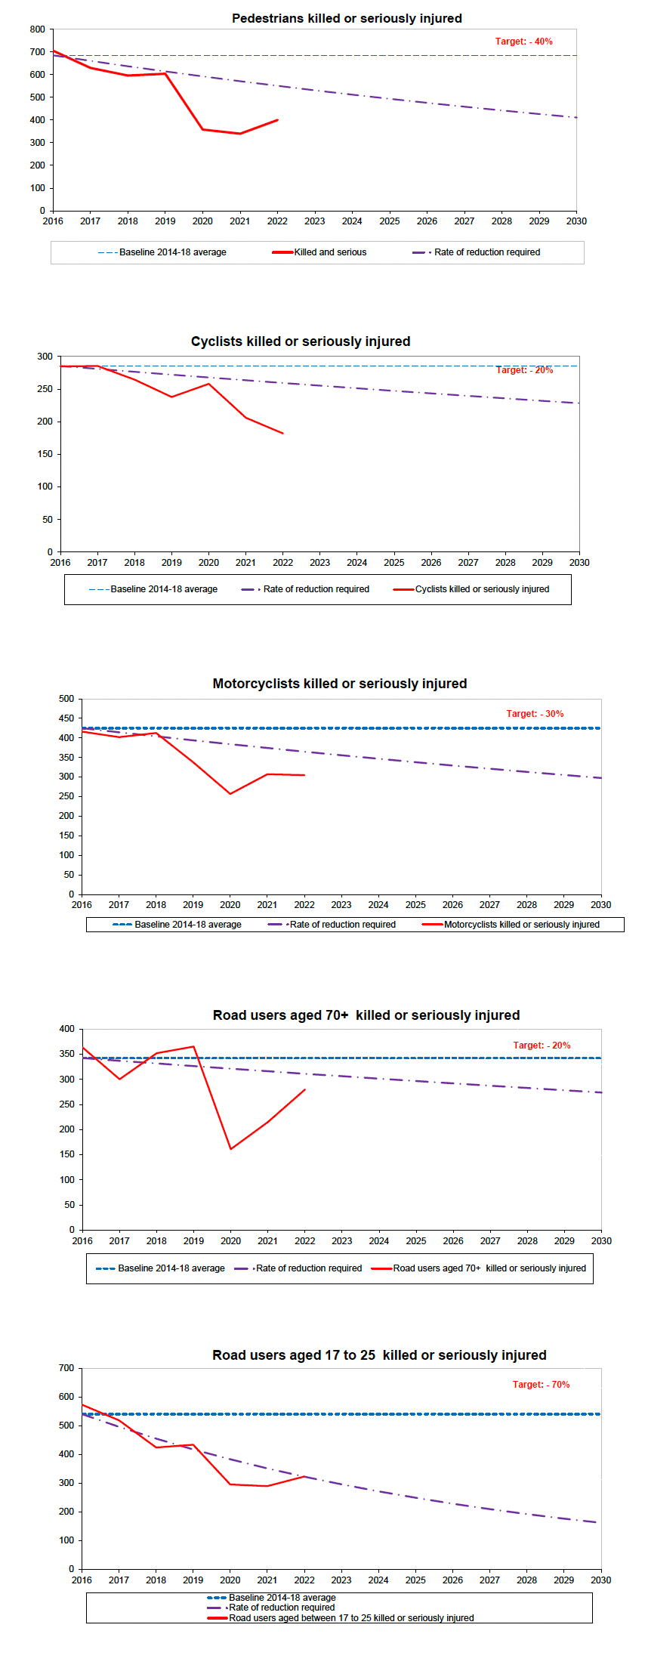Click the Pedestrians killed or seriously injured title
(x=347, y=18)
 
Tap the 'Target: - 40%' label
(x=523, y=42)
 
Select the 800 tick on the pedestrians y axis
(x=38, y=29)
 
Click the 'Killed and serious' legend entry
(x=330, y=252)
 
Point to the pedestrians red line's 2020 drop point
(x=202, y=129)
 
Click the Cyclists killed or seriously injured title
(x=301, y=341)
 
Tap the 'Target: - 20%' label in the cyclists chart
(x=524, y=370)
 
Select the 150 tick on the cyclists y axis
(x=45, y=454)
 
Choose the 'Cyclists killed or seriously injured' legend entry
(x=482, y=589)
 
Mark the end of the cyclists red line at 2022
(x=282, y=434)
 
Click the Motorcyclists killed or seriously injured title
(x=340, y=684)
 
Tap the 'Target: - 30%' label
(x=535, y=714)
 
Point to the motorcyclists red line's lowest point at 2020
(x=230, y=794)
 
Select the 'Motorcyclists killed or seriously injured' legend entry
(x=521, y=925)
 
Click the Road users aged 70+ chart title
(x=366, y=1015)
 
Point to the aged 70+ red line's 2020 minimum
(x=230, y=1149)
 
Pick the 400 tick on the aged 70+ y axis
(x=66, y=1029)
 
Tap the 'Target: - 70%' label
(x=541, y=1385)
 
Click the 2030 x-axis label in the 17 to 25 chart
(x=601, y=1580)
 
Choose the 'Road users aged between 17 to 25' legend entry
(x=351, y=1618)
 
